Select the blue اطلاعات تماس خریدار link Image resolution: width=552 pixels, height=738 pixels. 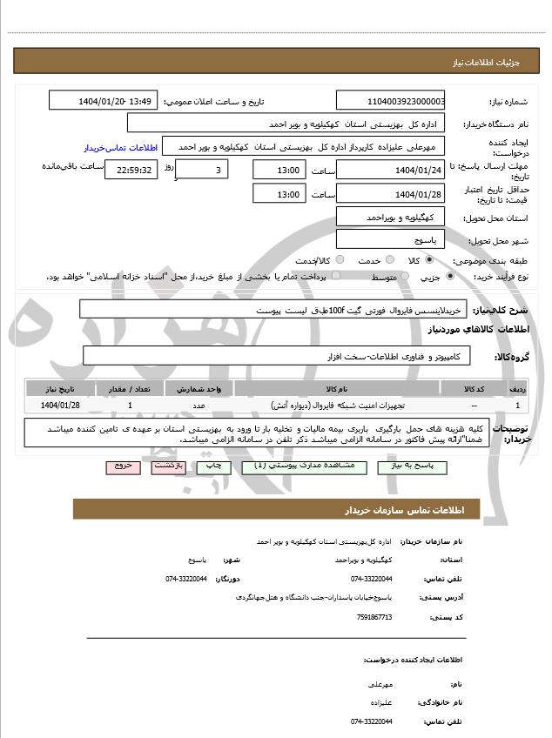pyautogui.click(x=118, y=147)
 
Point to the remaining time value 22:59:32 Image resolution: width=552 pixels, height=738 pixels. pyautogui.click(x=131, y=170)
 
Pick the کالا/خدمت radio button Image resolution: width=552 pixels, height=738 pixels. pyautogui.click(x=340, y=259)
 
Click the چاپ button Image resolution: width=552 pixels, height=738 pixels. pyautogui.click(x=213, y=466)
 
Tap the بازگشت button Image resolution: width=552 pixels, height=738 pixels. pyautogui.click(x=166, y=466)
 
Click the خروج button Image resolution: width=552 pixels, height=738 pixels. pyautogui.click(x=123, y=466)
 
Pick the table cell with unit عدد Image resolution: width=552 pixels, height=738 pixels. pyautogui.click(x=199, y=406)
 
